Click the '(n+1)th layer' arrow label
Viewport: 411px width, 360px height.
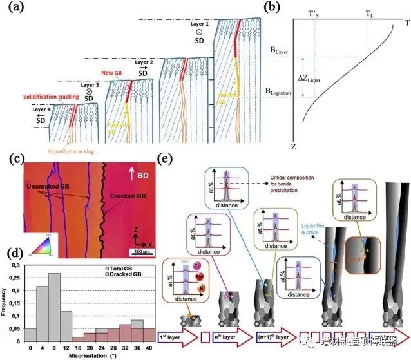(x=269, y=336)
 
